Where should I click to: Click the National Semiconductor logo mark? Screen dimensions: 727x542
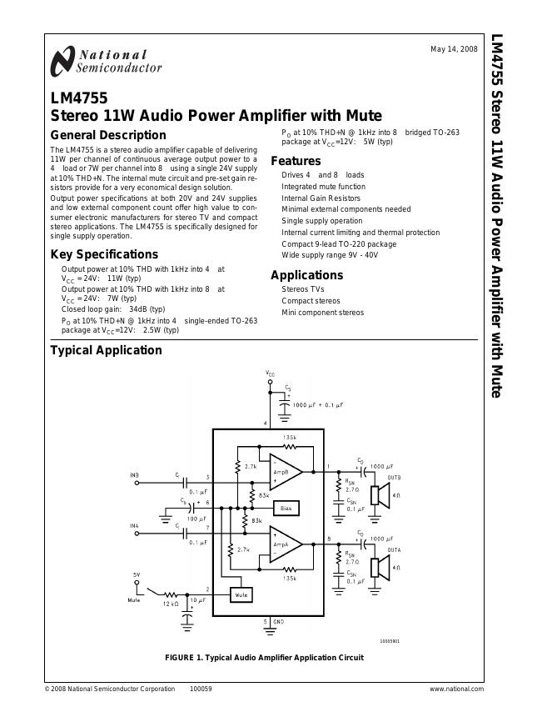click(62, 62)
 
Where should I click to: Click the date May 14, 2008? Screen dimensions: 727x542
click(454, 49)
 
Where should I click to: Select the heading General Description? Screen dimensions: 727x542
click(108, 135)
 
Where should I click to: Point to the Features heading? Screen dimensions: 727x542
click(296, 161)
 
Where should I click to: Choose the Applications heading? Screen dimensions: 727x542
click(306, 275)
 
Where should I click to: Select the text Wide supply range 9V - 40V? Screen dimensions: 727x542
click(330, 255)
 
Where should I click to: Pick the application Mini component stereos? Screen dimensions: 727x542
click(322, 313)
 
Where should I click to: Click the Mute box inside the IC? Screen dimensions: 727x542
click(241, 595)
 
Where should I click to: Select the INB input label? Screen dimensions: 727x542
click(134, 475)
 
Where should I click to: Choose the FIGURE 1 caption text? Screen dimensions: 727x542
click(265, 658)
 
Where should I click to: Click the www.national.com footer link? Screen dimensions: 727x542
click(456, 689)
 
